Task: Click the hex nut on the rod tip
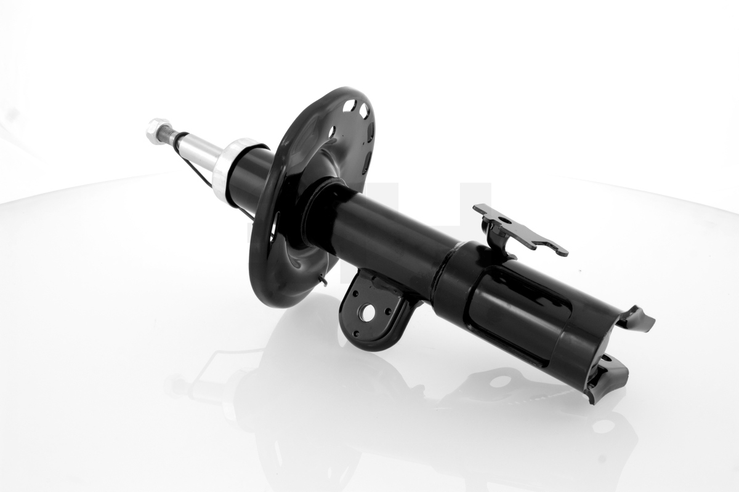coord(155,130)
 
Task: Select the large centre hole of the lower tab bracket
coord(368,313)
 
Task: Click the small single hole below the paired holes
coord(332,131)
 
